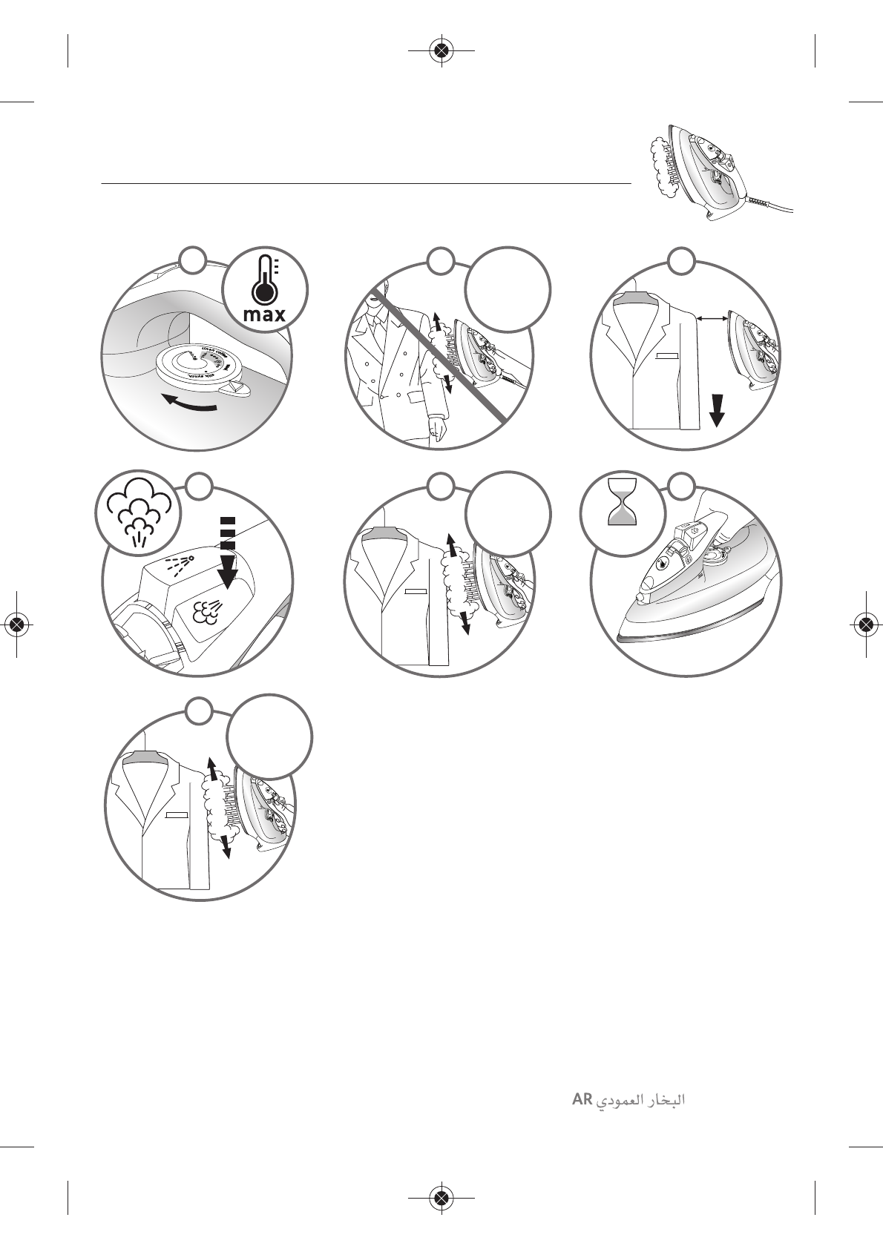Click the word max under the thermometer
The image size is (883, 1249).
tap(264, 314)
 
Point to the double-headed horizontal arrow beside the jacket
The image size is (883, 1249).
tap(713, 318)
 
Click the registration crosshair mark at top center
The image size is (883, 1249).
tap(441, 50)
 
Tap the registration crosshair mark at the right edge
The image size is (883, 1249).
tap(864, 624)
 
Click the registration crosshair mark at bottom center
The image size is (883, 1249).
tap(441, 1197)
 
